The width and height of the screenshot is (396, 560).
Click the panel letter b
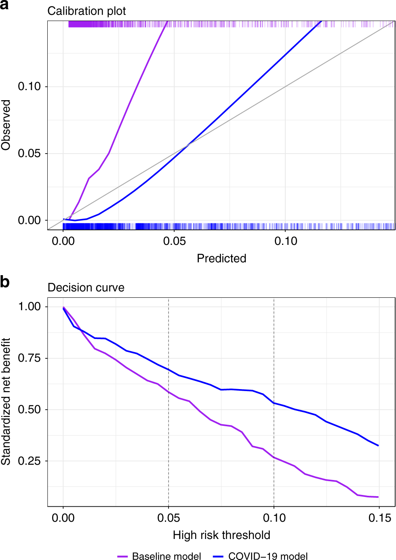[x=5, y=282]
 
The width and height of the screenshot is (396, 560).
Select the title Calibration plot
[x=86, y=11]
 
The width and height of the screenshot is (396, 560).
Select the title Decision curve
[x=86, y=287]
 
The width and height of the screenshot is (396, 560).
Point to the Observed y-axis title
[x=6, y=125]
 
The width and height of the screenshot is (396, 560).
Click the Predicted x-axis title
[x=221, y=258]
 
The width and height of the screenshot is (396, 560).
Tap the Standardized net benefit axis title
[x=6, y=402]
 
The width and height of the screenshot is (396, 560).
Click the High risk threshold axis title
[x=221, y=535]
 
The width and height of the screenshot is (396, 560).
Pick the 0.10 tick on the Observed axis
[x=29, y=86]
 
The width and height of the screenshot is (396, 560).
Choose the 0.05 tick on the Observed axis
[x=29, y=153]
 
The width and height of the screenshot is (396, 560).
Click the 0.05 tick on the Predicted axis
[x=174, y=241]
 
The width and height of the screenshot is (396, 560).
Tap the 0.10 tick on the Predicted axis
[x=286, y=241]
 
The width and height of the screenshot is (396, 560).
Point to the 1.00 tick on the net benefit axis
[x=29, y=306]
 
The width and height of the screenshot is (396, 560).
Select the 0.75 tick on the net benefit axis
[x=29, y=358]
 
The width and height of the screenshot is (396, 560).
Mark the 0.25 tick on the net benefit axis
[x=29, y=461]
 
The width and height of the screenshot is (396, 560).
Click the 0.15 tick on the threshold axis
[x=379, y=518]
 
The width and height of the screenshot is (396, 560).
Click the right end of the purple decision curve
[x=378, y=497]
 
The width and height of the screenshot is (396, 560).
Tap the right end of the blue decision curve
[x=378, y=446]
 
